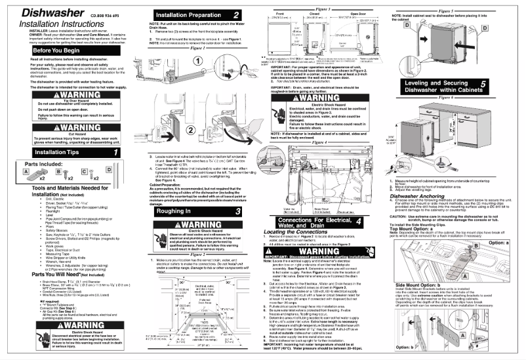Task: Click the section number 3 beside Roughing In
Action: [x=238, y=211]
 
